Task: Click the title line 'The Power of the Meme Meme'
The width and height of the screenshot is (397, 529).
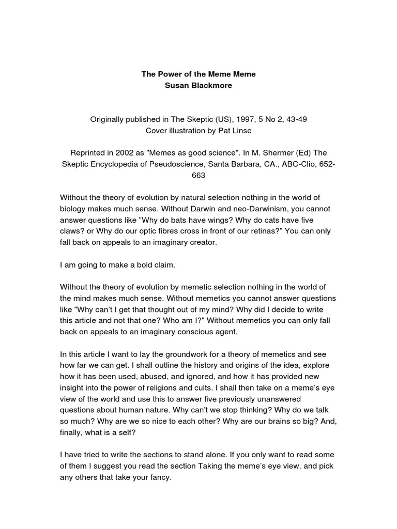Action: click(198, 74)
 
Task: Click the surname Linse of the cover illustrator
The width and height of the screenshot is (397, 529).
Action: click(241, 130)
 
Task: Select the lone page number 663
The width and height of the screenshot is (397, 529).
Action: click(198, 176)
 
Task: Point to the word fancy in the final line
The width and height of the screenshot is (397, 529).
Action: click(158, 478)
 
